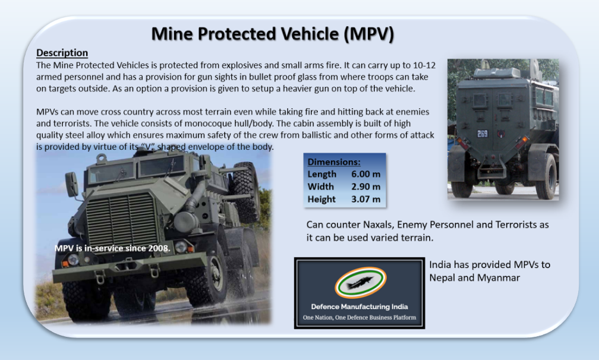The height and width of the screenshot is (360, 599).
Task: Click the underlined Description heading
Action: coord(62,53)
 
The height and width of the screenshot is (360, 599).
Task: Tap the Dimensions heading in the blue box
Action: coord(334,162)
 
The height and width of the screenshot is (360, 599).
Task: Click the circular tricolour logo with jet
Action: coord(359,282)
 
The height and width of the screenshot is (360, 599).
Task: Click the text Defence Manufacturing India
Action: coord(359,307)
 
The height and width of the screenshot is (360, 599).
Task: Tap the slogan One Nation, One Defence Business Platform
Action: coord(359,318)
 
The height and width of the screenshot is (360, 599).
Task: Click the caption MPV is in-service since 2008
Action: coord(112,248)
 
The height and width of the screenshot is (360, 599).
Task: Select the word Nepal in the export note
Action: coord(443,277)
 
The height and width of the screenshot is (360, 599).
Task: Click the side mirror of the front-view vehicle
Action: coord(71,184)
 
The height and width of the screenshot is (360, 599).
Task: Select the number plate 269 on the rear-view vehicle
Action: coord(482,134)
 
